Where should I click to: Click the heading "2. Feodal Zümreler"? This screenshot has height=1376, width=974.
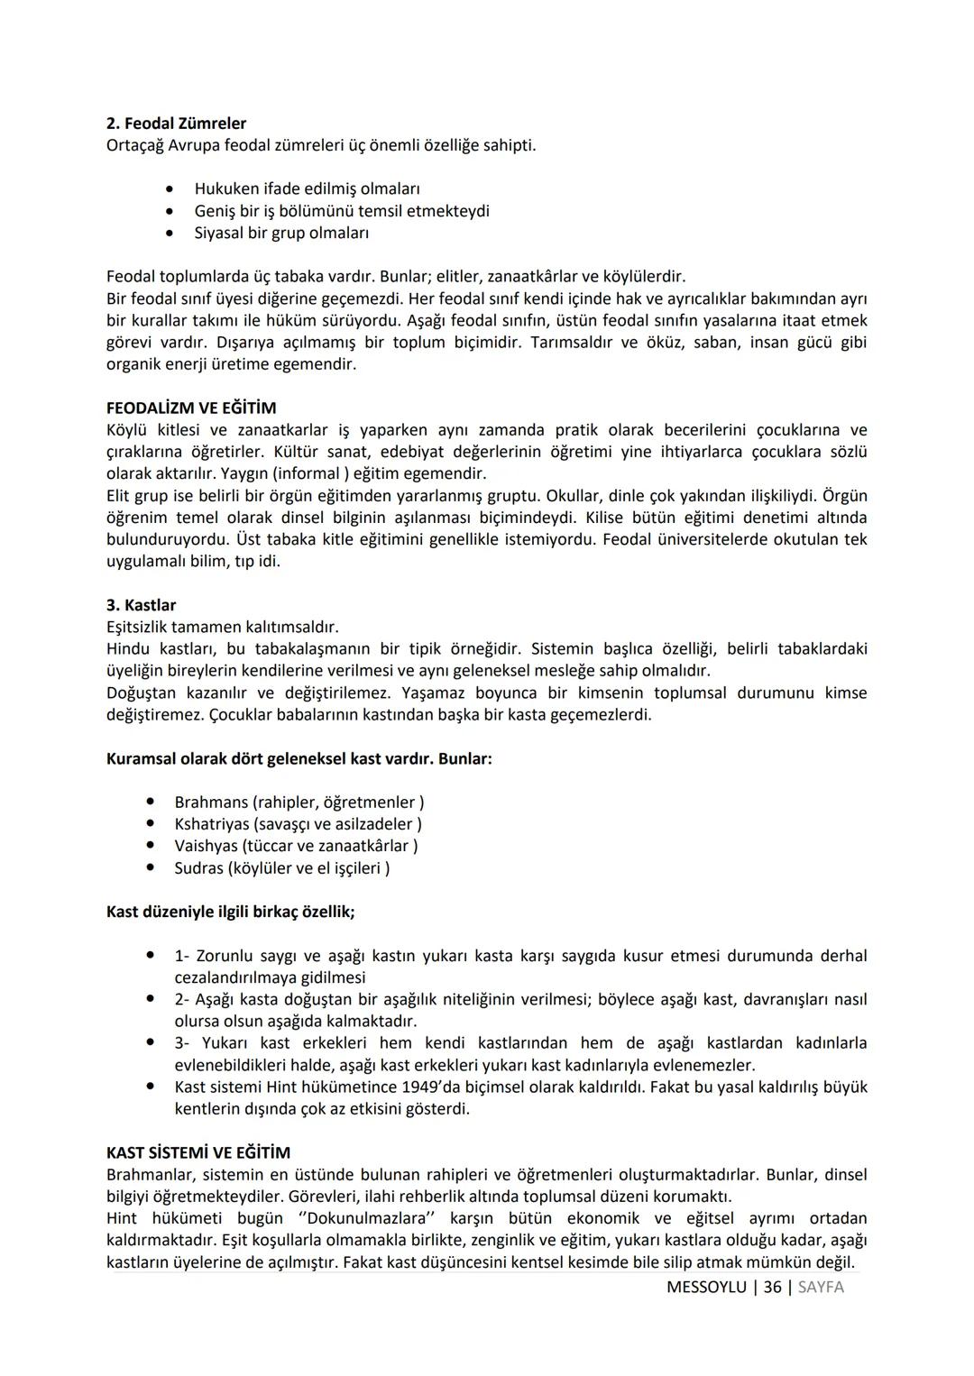click(x=176, y=124)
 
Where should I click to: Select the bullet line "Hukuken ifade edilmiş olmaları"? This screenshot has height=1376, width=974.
click(x=307, y=189)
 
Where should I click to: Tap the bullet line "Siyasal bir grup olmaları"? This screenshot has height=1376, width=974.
click(x=281, y=233)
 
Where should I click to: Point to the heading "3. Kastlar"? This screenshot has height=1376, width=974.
click(x=141, y=605)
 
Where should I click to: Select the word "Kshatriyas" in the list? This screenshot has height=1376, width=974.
click(x=212, y=824)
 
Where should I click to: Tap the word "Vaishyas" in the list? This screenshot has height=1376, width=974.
click(x=206, y=846)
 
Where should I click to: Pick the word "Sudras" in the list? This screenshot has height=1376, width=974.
click(x=199, y=868)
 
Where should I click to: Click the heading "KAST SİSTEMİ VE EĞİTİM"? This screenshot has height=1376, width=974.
click(x=198, y=1153)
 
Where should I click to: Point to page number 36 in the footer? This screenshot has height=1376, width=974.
click(x=772, y=1288)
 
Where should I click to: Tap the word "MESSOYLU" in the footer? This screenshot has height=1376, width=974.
click(x=706, y=1288)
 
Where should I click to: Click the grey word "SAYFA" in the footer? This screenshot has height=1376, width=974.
click(x=821, y=1288)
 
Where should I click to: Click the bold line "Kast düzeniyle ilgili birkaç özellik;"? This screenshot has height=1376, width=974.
click(x=230, y=912)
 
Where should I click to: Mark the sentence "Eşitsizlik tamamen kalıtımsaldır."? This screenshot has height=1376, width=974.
click(x=223, y=627)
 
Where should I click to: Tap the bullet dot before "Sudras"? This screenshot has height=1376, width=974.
click(x=151, y=868)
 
